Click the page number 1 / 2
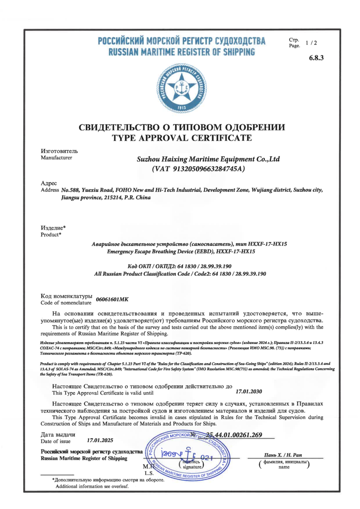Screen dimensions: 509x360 click(311, 43)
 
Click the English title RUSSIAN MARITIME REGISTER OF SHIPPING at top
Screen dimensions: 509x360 click(182, 52)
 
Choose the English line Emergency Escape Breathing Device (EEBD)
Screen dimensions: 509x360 click(181, 252)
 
